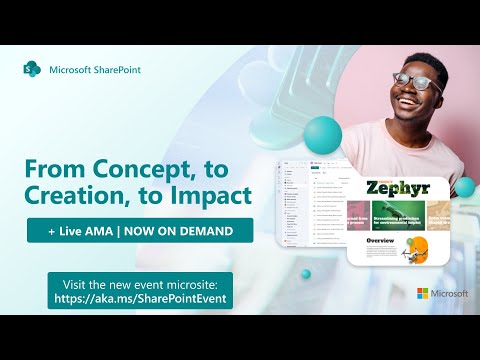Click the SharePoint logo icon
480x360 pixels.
(32, 70)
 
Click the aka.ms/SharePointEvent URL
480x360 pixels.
(140, 297)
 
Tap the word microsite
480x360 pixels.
(195, 281)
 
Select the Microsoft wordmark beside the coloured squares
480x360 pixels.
(449, 294)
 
